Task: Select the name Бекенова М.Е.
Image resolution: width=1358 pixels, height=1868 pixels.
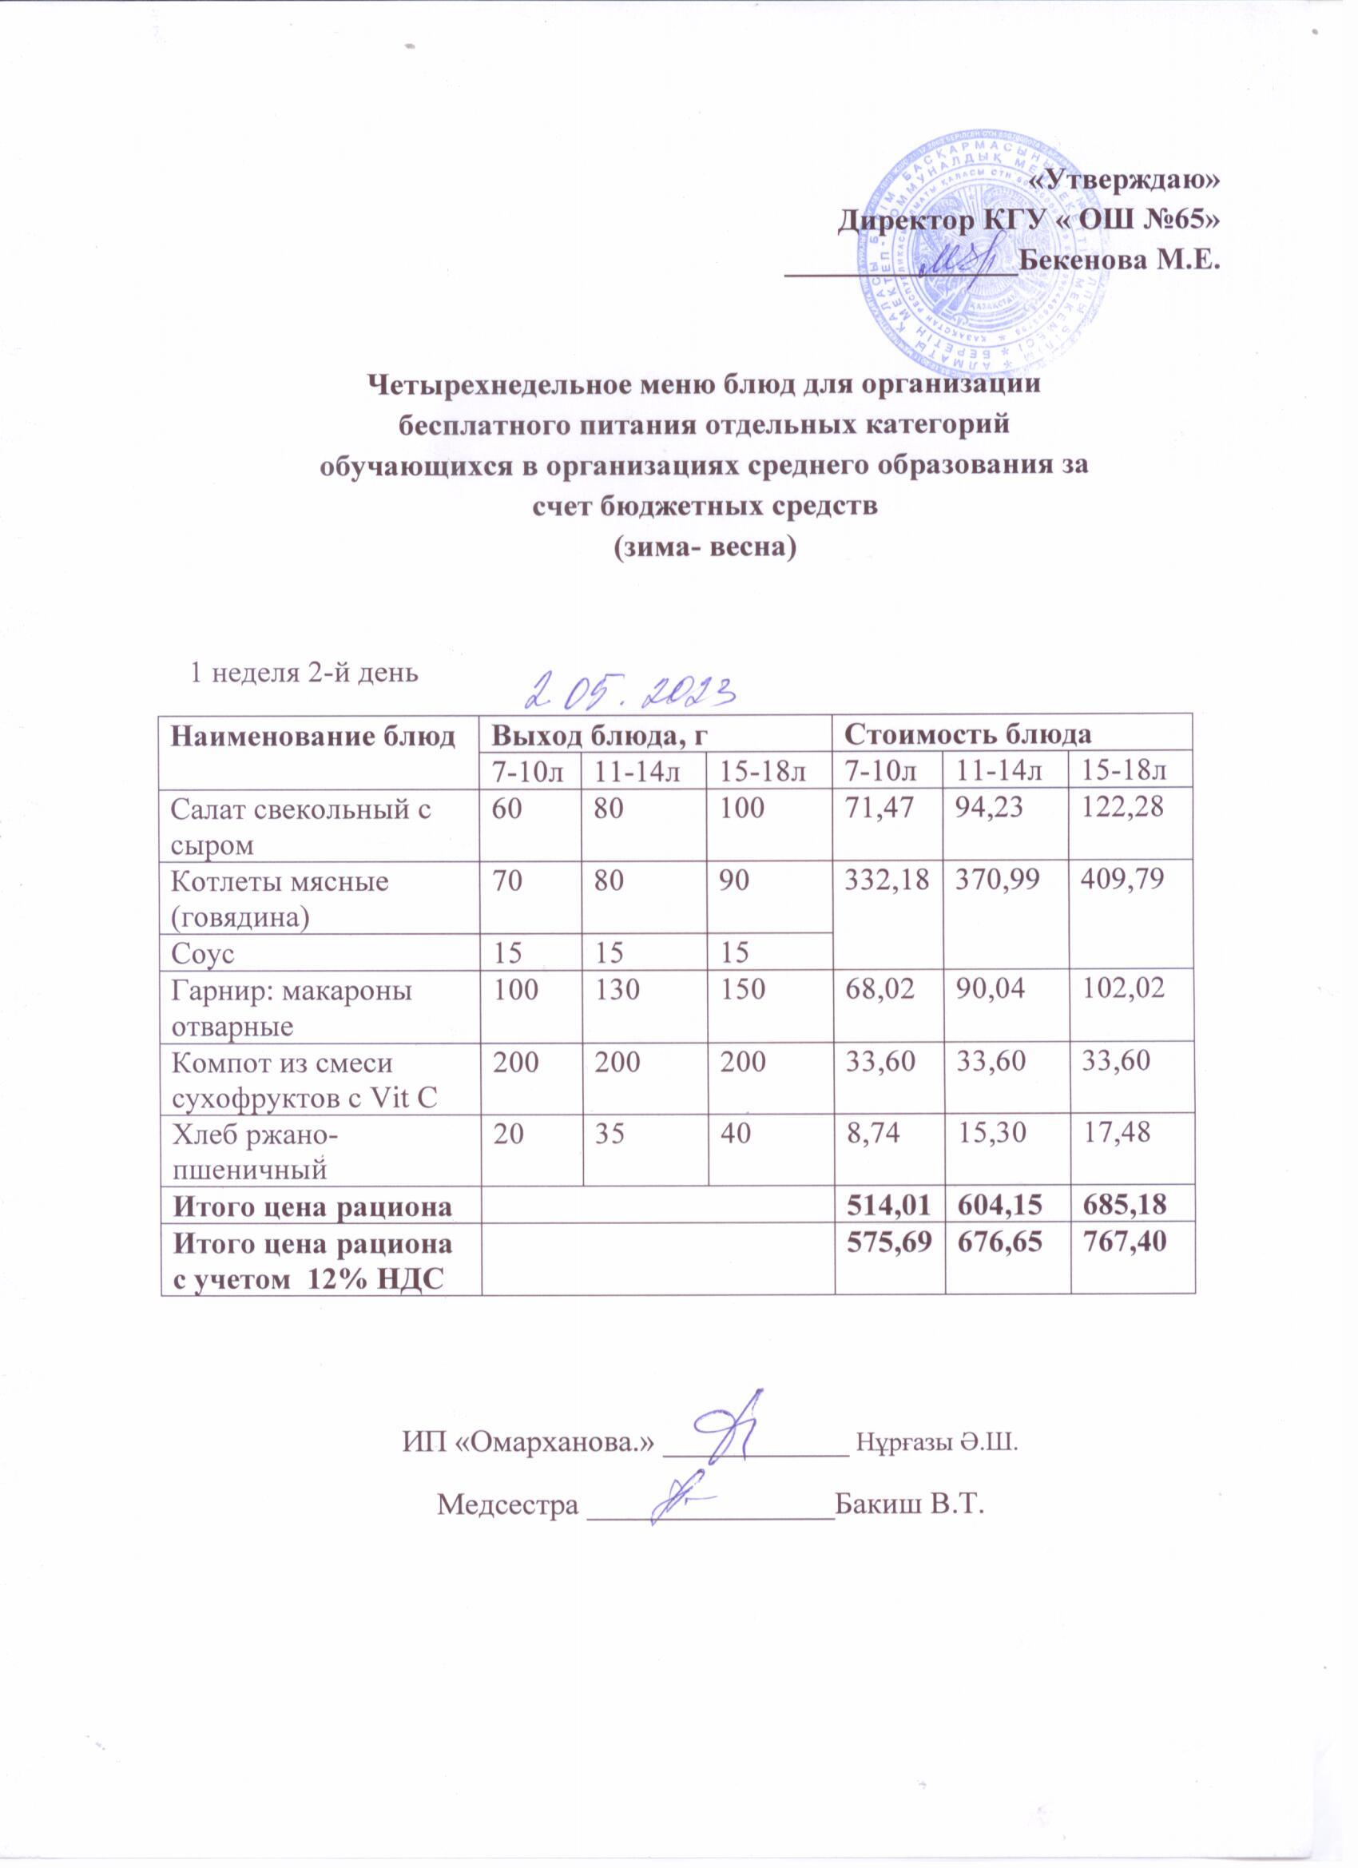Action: click(1118, 262)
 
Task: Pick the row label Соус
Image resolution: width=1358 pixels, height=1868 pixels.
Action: click(203, 955)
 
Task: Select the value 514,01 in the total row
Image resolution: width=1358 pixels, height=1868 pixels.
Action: click(886, 1206)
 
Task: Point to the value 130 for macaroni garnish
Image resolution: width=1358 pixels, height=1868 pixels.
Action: click(618, 989)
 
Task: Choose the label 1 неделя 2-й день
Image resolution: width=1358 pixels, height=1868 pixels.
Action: click(304, 673)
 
